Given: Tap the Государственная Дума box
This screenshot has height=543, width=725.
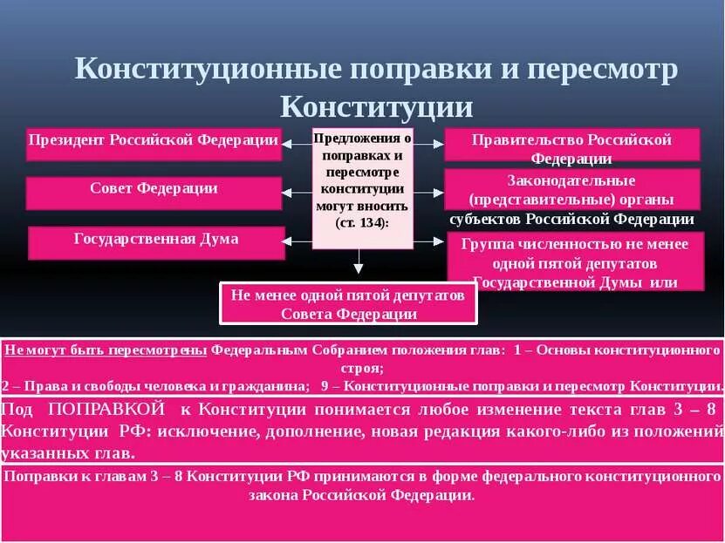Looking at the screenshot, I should point(156,241).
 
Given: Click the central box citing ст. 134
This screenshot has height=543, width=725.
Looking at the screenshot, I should point(362,187).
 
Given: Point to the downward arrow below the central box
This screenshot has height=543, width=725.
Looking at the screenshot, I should point(358,263).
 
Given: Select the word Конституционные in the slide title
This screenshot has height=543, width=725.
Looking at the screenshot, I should point(206,70).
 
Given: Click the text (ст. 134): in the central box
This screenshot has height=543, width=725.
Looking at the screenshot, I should point(362,222).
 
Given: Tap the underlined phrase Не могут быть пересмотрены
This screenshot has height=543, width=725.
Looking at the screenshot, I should point(106,350).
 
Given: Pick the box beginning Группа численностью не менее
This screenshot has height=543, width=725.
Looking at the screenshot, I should point(574,261).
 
